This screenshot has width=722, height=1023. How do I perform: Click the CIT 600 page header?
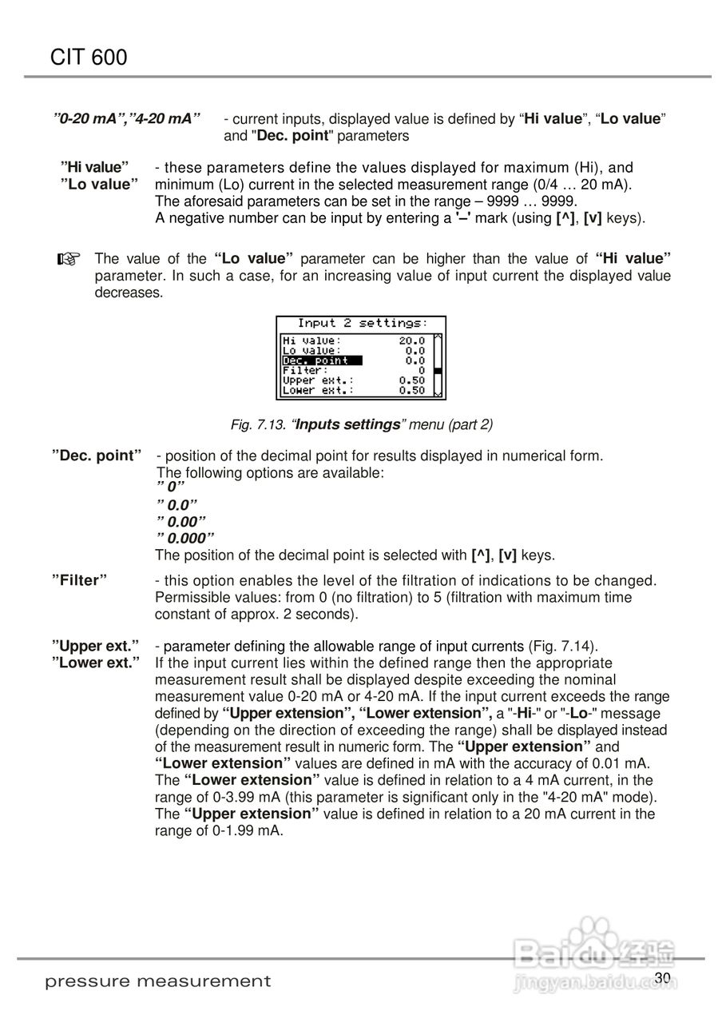coord(89,57)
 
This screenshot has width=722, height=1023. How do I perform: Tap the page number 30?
coord(662,977)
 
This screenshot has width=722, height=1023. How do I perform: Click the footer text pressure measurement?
coord(158,981)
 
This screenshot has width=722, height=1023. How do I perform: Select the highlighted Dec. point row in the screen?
coord(322,360)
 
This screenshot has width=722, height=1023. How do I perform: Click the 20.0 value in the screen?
coord(412,340)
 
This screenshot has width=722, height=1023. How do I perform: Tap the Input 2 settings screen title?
coord(362,323)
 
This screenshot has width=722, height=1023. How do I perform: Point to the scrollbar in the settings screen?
coord(437,365)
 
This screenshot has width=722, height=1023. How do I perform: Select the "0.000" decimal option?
coord(185,539)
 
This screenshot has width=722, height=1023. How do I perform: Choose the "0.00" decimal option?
coord(181,522)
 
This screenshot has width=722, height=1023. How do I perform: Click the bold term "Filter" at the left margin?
coord(80,580)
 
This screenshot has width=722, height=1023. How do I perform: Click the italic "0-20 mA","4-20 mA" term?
coord(127,118)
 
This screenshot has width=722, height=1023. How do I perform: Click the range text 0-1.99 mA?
coord(238,830)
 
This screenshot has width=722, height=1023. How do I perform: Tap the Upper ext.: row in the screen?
coord(319,380)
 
